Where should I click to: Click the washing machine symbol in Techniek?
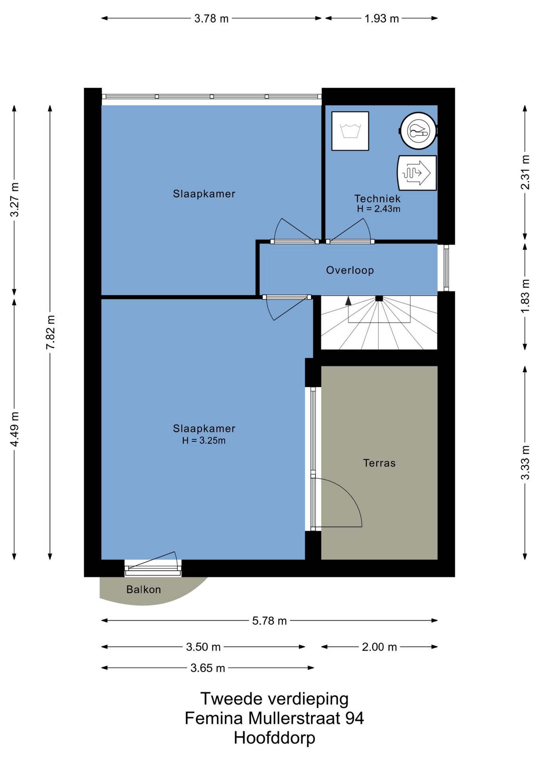[x=350, y=131]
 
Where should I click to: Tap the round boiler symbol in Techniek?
[x=418, y=131]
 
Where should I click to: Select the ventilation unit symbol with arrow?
[x=417, y=173]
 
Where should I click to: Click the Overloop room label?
[x=350, y=270]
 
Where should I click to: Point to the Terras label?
[x=379, y=463]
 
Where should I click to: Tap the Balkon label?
[x=143, y=589]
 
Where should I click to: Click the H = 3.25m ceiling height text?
[x=204, y=440]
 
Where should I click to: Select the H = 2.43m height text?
[x=378, y=209]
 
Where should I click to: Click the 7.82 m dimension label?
[x=50, y=333]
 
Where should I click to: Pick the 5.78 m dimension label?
[x=269, y=621]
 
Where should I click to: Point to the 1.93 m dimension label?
[x=381, y=19]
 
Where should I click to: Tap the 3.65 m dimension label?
[x=208, y=668]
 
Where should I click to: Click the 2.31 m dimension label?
[x=525, y=172]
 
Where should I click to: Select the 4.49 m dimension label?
[x=15, y=429]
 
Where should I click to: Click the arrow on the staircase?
[x=348, y=301]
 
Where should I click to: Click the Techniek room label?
[x=377, y=199]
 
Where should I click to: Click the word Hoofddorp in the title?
[x=274, y=738]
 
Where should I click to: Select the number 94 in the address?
[x=354, y=718]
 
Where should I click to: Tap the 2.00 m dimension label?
[x=379, y=647]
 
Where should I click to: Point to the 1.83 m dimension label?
[x=525, y=296]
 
